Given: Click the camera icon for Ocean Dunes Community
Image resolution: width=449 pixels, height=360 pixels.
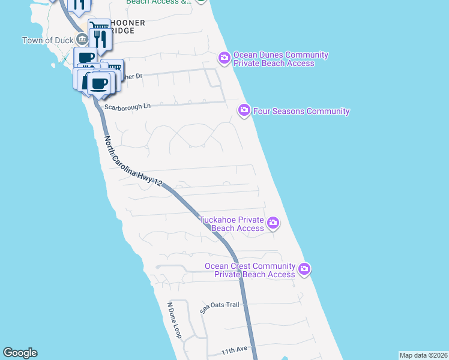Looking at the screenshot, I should tap(224, 58).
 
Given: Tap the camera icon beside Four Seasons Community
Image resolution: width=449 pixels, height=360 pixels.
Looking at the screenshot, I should tap(244, 110).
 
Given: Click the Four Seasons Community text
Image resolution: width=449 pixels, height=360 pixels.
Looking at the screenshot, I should tap(301, 111).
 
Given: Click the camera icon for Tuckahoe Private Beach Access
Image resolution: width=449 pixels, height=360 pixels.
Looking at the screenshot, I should tap(273, 223).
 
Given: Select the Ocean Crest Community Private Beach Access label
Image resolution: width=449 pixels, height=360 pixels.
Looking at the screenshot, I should tap(250, 270).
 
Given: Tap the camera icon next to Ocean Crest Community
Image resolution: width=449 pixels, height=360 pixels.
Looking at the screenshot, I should tap(305, 268).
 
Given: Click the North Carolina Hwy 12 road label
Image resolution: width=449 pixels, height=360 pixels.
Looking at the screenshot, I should tap(133, 161).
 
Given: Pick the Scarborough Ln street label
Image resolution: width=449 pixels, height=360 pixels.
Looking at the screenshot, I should tap(127, 107).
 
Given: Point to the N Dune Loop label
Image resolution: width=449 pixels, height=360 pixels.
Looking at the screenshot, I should tap(175, 319).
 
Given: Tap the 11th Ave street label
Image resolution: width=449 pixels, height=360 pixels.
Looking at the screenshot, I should tap(234, 349).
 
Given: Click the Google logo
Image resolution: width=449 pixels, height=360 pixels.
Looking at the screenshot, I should tap(20, 353).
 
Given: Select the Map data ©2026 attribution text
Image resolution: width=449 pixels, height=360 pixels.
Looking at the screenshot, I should tap(424, 355).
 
